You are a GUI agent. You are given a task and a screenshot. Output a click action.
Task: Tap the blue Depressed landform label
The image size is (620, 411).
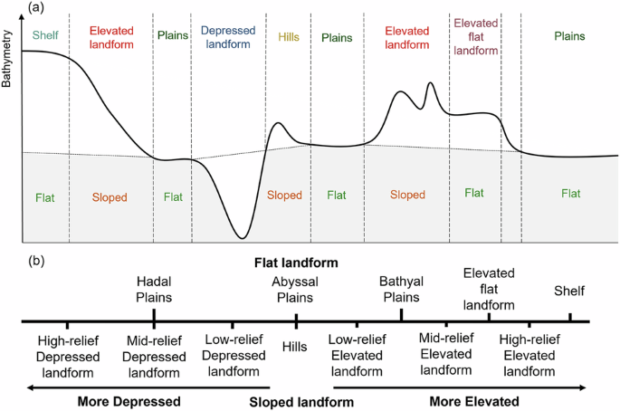tap(227, 36)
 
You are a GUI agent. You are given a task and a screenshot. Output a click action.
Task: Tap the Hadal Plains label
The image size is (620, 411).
tap(154, 290)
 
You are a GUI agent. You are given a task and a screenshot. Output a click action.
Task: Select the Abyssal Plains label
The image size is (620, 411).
tap(296, 290)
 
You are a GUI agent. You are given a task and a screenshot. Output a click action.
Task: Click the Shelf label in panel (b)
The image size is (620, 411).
tap(570, 291)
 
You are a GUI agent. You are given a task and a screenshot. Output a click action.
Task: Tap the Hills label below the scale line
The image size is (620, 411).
tap(295, 346)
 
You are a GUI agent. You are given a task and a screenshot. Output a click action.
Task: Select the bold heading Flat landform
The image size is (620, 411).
tap(295, 263)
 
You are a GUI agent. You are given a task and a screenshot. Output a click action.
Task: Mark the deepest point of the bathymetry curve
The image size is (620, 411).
tap(242, 238)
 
